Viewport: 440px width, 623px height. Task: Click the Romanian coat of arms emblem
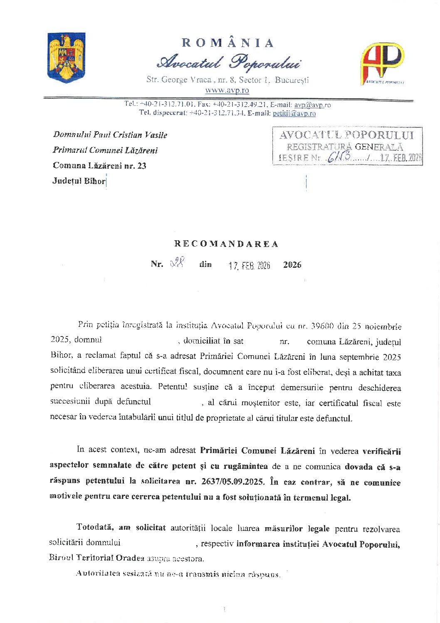tap(67, 57)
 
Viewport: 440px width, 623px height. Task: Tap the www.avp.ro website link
tap(227, 90)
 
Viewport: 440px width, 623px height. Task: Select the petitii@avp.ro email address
tap(294, 113)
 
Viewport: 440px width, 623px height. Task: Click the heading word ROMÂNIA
tap(228, 43)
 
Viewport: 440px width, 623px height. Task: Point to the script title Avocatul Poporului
tap(229, 62)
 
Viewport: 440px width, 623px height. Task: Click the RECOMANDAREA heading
tap(226, 244)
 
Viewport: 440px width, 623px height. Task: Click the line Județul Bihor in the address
tap(79, 181)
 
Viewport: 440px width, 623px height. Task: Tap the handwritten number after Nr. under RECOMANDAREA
tap(178, 263)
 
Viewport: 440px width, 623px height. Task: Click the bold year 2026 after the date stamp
tap(292, 265)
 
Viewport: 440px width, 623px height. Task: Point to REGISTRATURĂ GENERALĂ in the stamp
tap(345, 147)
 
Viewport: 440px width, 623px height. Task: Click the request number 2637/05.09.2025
tap(232, 482)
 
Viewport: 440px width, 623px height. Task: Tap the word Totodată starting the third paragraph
tap(95, 527)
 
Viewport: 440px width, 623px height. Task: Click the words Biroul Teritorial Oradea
tap(96, 558)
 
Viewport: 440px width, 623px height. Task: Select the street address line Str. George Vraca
tap(227, 80)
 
